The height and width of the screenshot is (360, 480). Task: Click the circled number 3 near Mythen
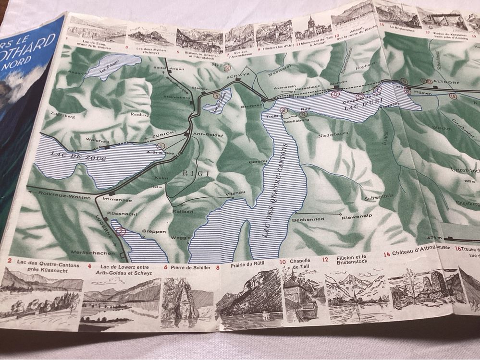tap(228, 69)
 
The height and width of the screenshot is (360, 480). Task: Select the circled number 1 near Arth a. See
tap(161, 145)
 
